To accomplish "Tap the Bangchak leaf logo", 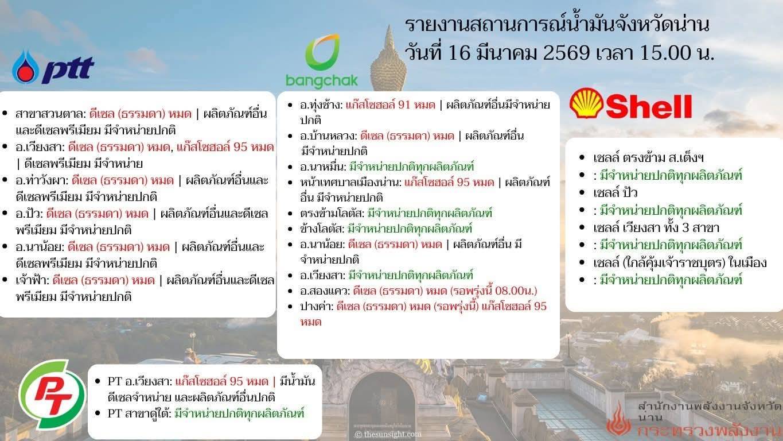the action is click(322, 52).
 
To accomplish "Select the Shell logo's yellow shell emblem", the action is click(587, 103).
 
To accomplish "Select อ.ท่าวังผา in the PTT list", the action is click(42, 181).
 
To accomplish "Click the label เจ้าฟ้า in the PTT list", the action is click(32, 280).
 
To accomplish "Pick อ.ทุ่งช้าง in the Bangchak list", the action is click(321, 105).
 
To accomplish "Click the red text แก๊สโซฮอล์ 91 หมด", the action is click(391, 105).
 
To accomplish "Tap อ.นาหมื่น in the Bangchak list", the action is click(322, 167).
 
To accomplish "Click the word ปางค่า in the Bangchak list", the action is click(316, 307).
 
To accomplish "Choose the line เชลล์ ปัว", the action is click(615, 193).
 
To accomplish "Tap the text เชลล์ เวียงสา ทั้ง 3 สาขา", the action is click(656, 228).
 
